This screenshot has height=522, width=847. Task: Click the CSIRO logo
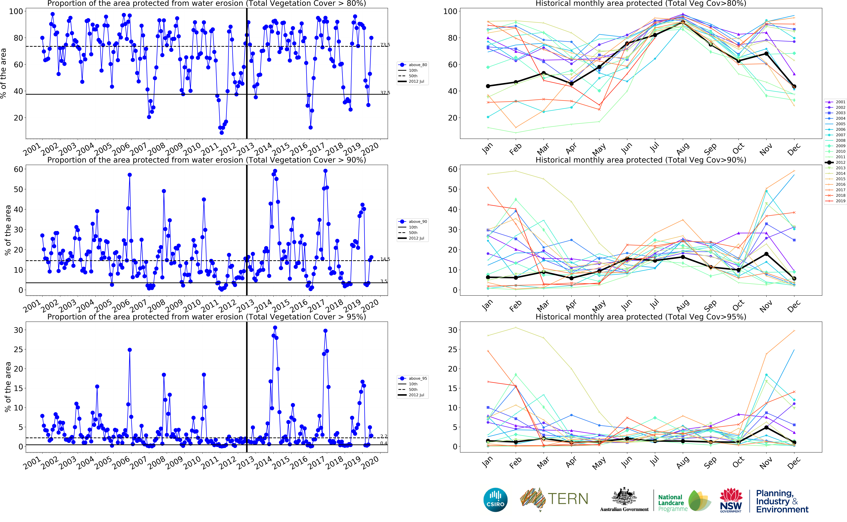(x=495, y=500)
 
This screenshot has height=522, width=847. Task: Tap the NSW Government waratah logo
(x=731, y=500)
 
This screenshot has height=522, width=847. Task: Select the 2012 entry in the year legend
(x=840, y=162)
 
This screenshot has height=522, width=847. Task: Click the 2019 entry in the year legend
(x=840, y=201)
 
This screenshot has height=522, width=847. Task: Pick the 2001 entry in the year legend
(x=840, y=102)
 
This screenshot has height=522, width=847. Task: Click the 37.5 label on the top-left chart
(x=385, y=92)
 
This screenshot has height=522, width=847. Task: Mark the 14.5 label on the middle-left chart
(x=385, y=259)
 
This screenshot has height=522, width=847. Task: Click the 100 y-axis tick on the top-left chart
(x=16, y=11)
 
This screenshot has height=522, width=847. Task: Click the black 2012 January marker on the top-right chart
(x=488, y=86)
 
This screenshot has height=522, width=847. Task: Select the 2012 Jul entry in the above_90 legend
(x=416, y=238)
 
